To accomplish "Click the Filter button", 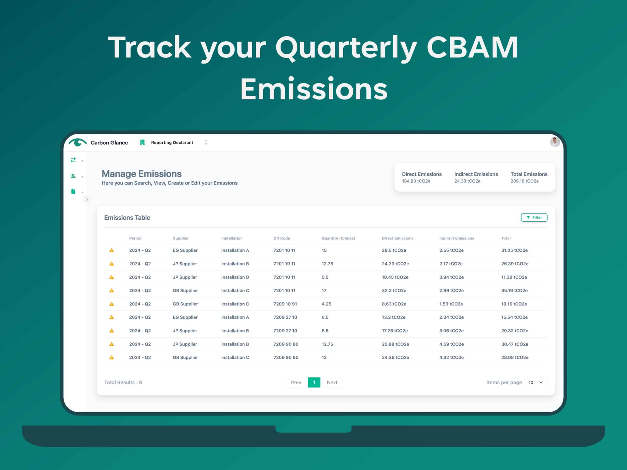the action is click(x=534, y=217).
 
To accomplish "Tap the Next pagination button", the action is click(x=332, y=382).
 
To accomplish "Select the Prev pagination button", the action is click(x=296, y=382).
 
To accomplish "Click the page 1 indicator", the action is click(x=314, y=382).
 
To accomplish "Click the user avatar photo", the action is click(x=555, y=142).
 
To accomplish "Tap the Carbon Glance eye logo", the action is click(x=77, y=142).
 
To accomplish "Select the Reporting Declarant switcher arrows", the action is click(x=206, y=142).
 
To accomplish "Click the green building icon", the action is click(x=142, y=142).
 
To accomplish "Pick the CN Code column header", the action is click(x=282, y=238).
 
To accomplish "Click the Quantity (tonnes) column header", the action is click(x=338, y=238).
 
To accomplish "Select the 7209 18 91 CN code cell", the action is click(x=285, y=304).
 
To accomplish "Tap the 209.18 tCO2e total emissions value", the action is click(x=525, y=181).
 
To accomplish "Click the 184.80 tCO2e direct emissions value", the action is click(x=416, y=181).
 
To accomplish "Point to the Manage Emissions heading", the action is click(x=142, y=174).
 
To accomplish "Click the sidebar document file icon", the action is click(x=73, y=191).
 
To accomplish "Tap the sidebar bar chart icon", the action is click(x=73, y=176).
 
